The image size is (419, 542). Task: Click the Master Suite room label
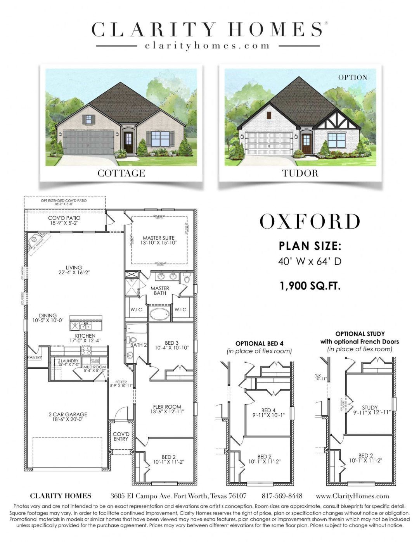tap(158, 240)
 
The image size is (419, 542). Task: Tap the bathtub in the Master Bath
tap(159, 314)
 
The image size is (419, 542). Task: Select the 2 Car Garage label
tap(68, 417)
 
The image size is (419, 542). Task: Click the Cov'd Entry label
tap(121, 436)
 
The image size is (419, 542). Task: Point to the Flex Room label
tap(167, 409)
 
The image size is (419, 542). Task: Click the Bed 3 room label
tap(171, 345)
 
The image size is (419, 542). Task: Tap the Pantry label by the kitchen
tap(34, 357)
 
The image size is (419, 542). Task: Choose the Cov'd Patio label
tap(64, 221)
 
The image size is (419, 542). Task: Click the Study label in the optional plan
tap(369, 410)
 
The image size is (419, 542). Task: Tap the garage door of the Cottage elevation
tap(88, 142)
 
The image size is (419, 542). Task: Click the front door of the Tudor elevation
tap(306, 143)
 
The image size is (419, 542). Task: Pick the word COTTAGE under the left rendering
tap(121, 173)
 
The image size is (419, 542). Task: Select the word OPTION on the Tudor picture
tap(352, 78)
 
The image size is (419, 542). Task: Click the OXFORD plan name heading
tap(310, 222)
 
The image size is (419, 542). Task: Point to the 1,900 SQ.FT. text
tap(310, 286)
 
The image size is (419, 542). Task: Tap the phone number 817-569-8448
tap(282, 496)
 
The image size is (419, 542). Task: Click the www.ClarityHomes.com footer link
tap(352, 496)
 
